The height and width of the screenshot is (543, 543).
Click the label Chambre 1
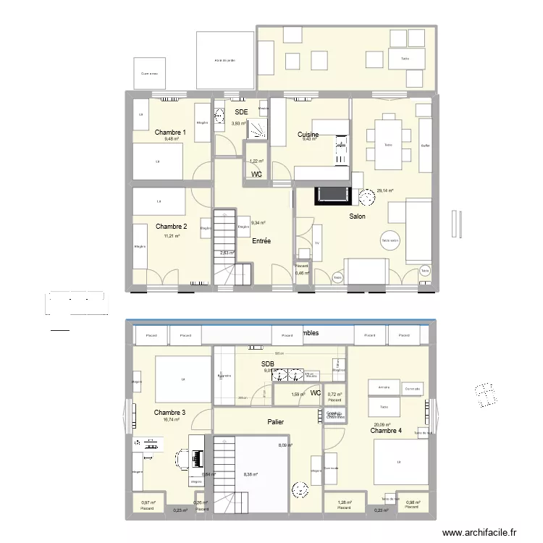tap(171, 132)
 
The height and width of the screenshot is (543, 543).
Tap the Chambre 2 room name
tap(171, 227)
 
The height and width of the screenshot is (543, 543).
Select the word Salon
tap(357, 216)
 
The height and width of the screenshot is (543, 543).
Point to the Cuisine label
tap(308, 135)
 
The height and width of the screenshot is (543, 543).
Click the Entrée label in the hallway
tap(261, 241)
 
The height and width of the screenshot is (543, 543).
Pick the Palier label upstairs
tap(275, 421)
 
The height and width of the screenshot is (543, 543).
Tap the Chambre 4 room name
tap(386, 431)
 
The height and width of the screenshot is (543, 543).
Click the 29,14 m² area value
tap(384, 191)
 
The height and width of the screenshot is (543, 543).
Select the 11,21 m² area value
tap(171, 236)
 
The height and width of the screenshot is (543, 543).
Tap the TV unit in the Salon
tap(317, 245)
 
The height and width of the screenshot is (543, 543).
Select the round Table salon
tap(391, 241)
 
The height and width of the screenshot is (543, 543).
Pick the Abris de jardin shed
tap(224, 61)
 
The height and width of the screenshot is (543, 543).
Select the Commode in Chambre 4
tap(413, 389)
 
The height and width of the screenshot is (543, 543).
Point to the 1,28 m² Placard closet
tap(344, 504)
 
